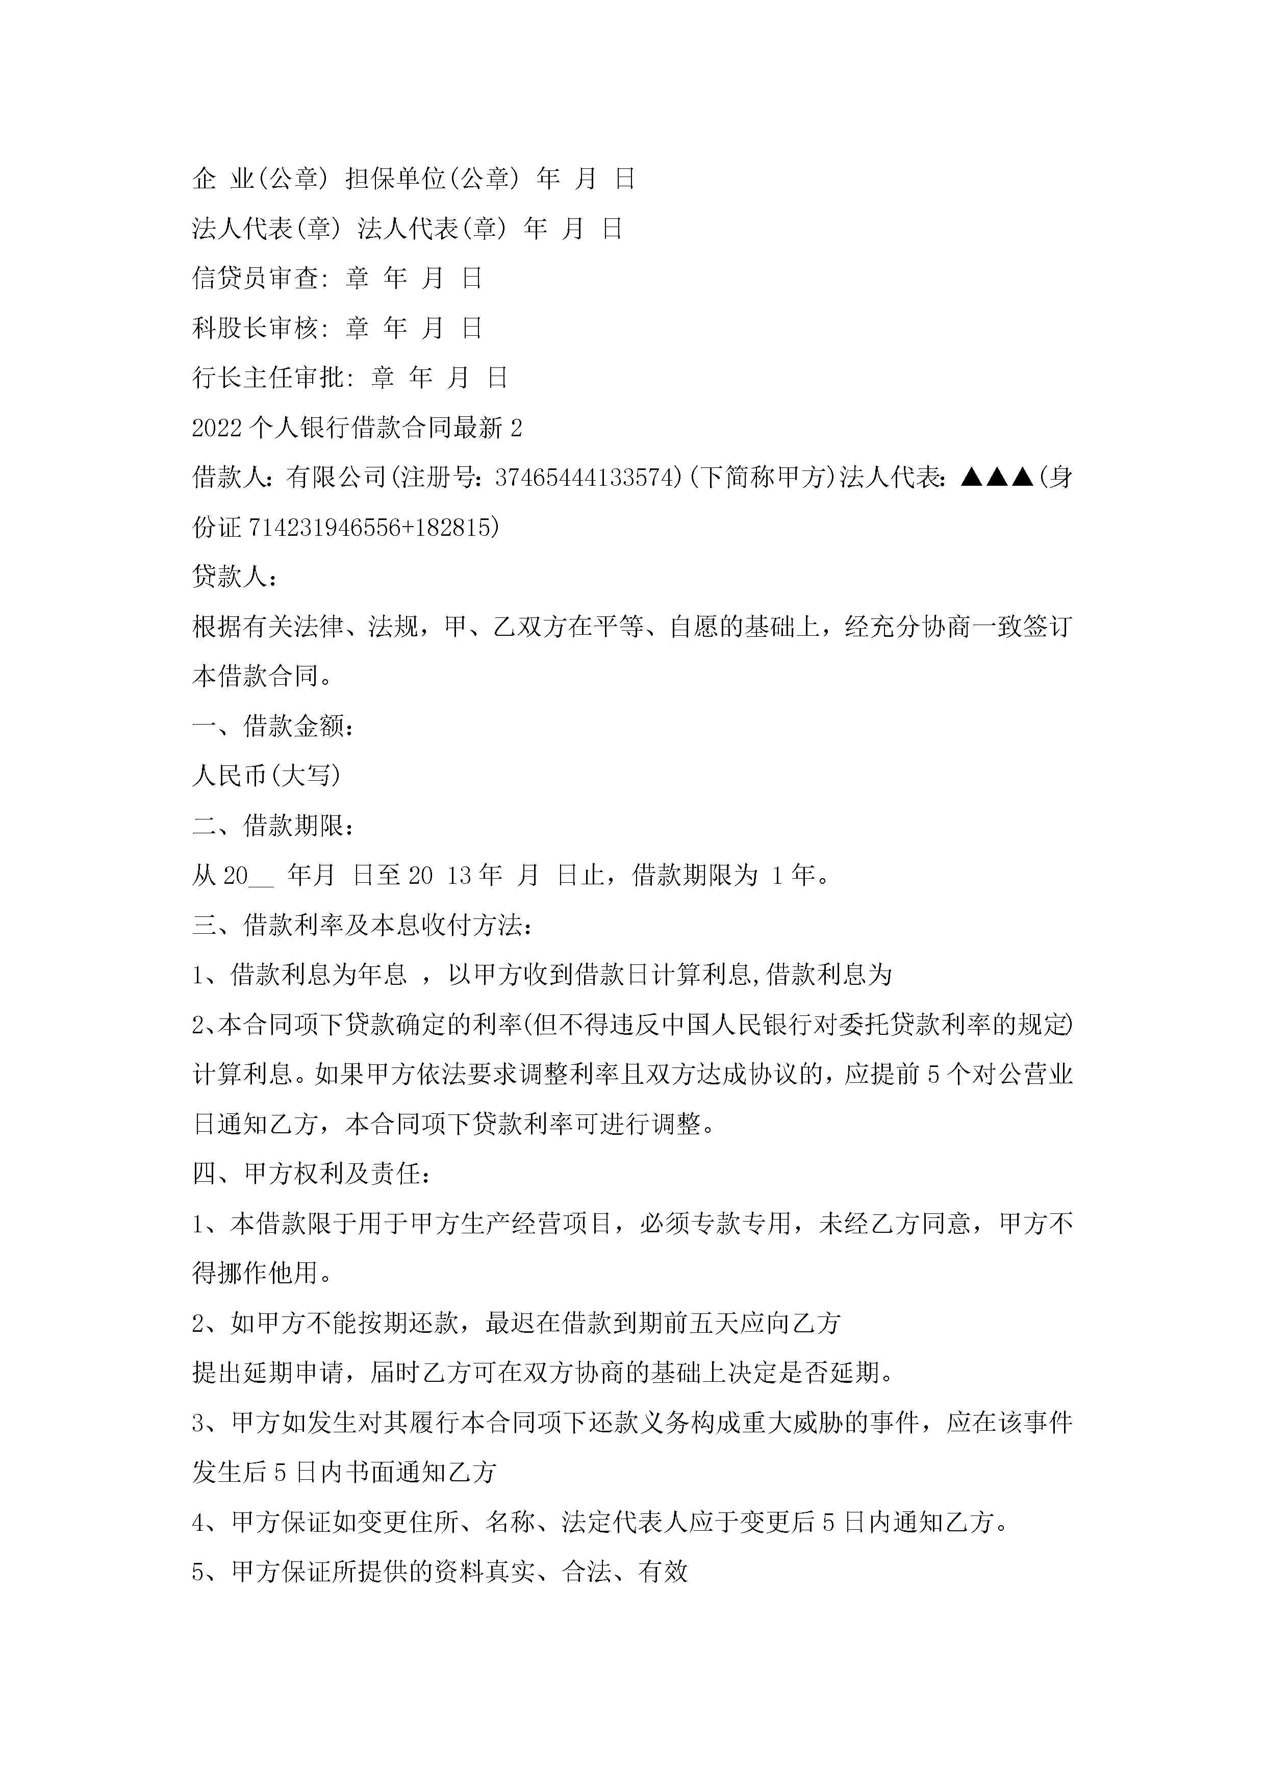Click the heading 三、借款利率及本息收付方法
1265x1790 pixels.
[363, 925]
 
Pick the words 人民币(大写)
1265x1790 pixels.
[267, 775]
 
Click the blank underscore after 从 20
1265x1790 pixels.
[262, 876]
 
